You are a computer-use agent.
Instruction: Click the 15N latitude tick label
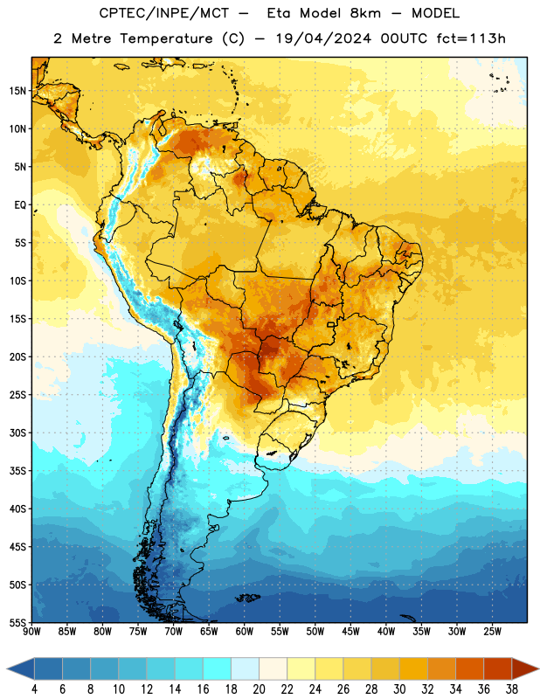point(17,91)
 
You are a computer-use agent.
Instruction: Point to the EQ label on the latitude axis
point(20,205)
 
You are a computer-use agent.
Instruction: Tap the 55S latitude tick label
point(17,622)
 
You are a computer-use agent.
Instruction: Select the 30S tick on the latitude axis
point(17,433)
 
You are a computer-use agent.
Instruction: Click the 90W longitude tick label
point(31,632)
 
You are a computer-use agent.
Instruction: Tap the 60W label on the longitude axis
point(245,632)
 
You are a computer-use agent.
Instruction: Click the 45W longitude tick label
point(350,632)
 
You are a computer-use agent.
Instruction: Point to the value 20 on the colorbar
point(259,689)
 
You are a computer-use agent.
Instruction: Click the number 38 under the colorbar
point(512,689)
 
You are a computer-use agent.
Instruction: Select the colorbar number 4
point(34,689)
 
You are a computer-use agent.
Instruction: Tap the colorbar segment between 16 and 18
point(217,669)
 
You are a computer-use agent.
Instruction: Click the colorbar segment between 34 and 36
point(469,669)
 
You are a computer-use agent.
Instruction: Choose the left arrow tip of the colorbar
point(7,669)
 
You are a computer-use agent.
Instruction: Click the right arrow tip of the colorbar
point(539,669)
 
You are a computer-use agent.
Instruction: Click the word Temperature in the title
point(166,38)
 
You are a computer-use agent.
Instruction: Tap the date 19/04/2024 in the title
point(323,38)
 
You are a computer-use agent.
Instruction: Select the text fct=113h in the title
point(471,38)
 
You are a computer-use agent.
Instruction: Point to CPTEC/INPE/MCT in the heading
point(164,13)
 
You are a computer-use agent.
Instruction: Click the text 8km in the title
point(365,13)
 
